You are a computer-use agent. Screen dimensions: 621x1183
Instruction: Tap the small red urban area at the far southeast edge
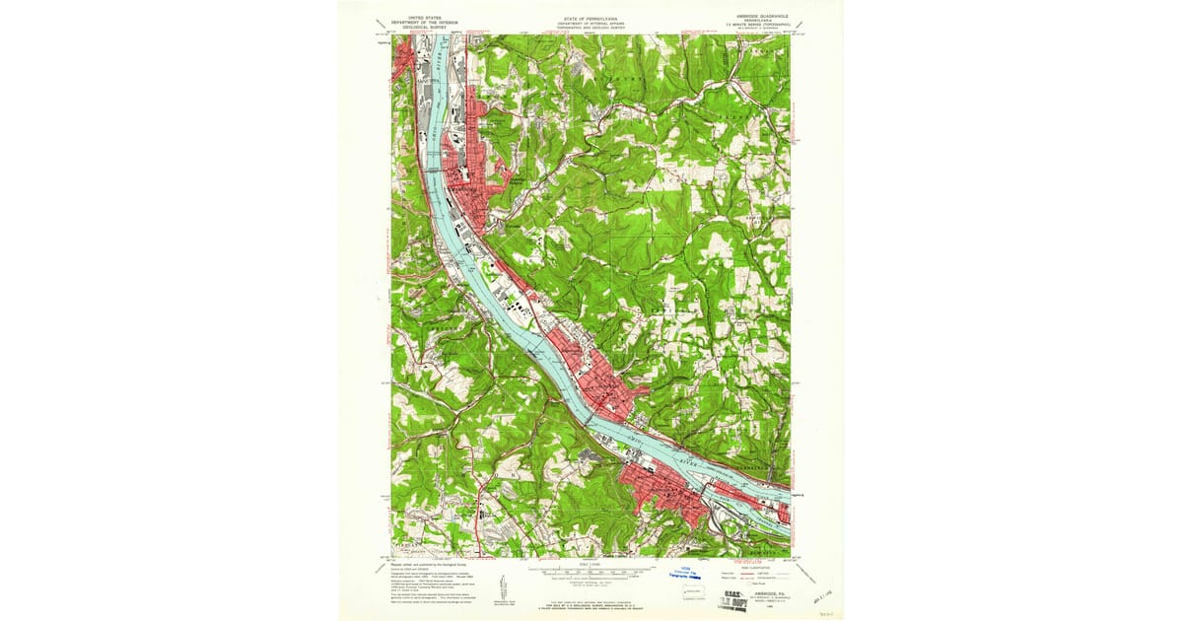784,514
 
